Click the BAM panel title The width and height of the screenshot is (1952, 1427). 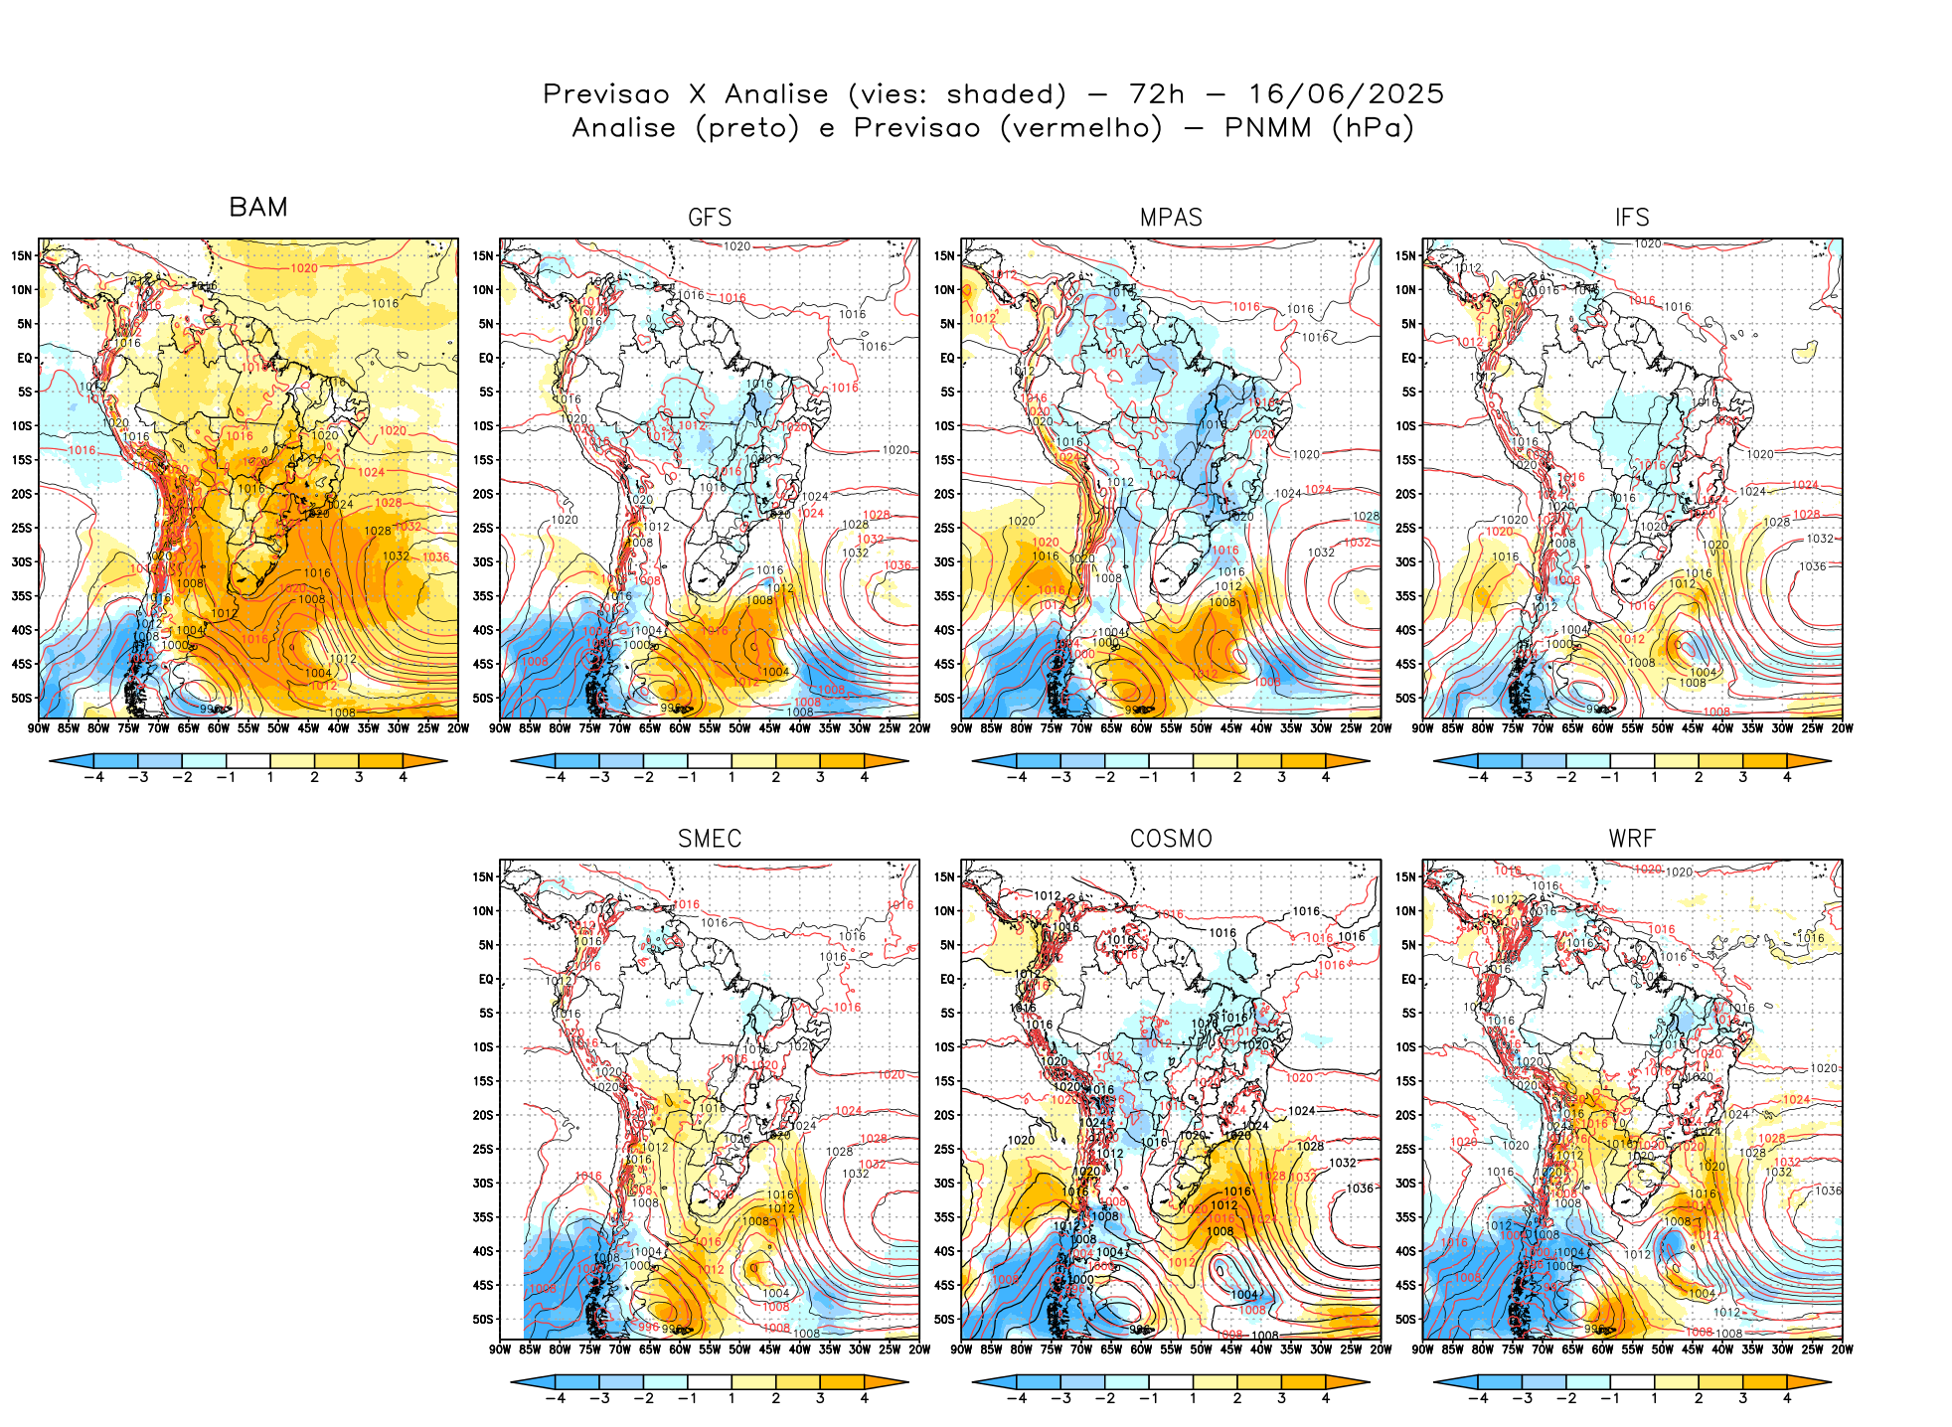[258, 207]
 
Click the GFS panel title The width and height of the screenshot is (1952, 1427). [710, 218]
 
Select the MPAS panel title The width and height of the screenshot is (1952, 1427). [1171, 218]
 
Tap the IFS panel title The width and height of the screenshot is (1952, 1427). [1632, 218]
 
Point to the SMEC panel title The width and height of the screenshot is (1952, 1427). [710, 839]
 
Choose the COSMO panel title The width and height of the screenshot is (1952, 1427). [1171, 839]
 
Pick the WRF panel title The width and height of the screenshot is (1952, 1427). [1632, 839]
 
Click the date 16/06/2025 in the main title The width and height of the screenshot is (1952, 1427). [1346, 94]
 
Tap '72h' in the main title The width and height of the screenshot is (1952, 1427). [1157, 94]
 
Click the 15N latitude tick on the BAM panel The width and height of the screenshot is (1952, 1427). [22, 255]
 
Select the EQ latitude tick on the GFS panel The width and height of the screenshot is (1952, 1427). [486, 358]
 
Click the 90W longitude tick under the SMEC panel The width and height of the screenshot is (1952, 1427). [500, 1349]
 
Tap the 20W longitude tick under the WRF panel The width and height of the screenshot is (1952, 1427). [1842, 1349]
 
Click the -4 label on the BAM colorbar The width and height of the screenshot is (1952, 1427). [93, 777]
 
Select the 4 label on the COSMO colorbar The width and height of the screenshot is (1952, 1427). [1325, 1398]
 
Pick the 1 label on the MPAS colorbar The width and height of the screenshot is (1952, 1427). [1193, 777]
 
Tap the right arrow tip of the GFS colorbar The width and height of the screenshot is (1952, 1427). [906, 761]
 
